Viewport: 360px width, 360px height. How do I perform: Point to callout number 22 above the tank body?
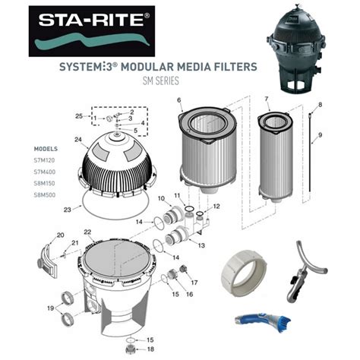coord(87,232)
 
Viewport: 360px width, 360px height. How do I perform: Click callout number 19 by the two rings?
coord(52,308)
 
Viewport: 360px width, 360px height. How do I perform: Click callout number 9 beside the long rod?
coord(321,134)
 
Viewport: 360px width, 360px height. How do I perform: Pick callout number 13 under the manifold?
coord(201,245)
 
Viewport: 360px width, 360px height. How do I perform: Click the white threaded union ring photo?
coord(246,272)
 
